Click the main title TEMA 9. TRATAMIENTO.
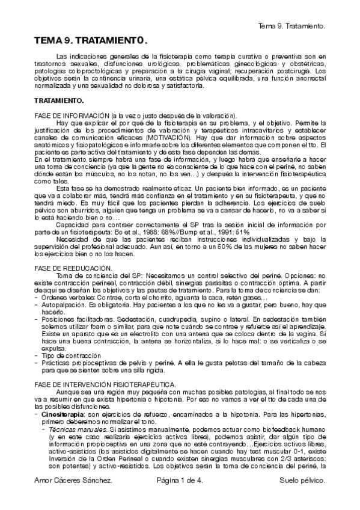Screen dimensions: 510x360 coord(90,40)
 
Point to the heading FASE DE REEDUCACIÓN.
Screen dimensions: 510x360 coord(73,266)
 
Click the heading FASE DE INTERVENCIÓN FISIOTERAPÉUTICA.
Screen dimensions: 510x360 coord(105,383)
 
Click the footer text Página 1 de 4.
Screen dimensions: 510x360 coord(180,499)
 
